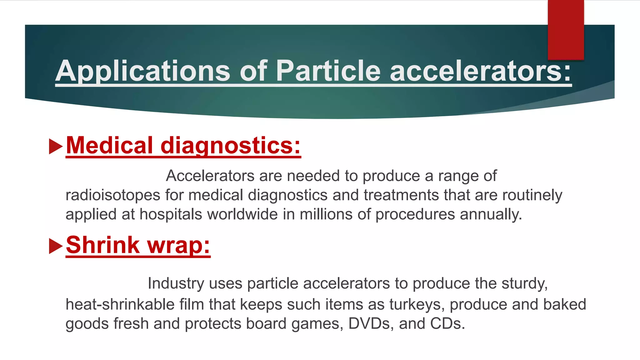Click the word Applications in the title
(x=142, y=71)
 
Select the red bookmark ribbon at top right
(x=566, y=30)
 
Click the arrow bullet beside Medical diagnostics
(x=56, y=147)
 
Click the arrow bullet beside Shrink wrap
(x=56, y=246)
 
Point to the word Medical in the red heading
(x=109, y=146)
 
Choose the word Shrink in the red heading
(x=103, y=245)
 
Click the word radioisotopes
(x=113, y=195)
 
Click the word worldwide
(x=242, y=215)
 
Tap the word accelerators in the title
(x=480, y=71)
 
